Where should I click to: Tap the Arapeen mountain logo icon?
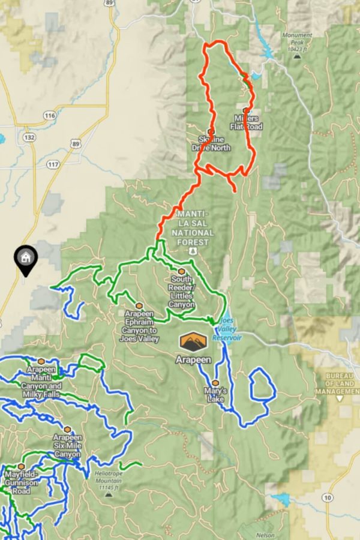193,343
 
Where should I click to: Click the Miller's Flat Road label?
246,122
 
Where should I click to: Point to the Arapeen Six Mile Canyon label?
67,446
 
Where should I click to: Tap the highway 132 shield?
30,137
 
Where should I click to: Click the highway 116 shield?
50,115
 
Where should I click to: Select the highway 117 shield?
53,164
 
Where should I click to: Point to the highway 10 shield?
328,498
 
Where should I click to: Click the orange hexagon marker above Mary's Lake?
215,383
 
